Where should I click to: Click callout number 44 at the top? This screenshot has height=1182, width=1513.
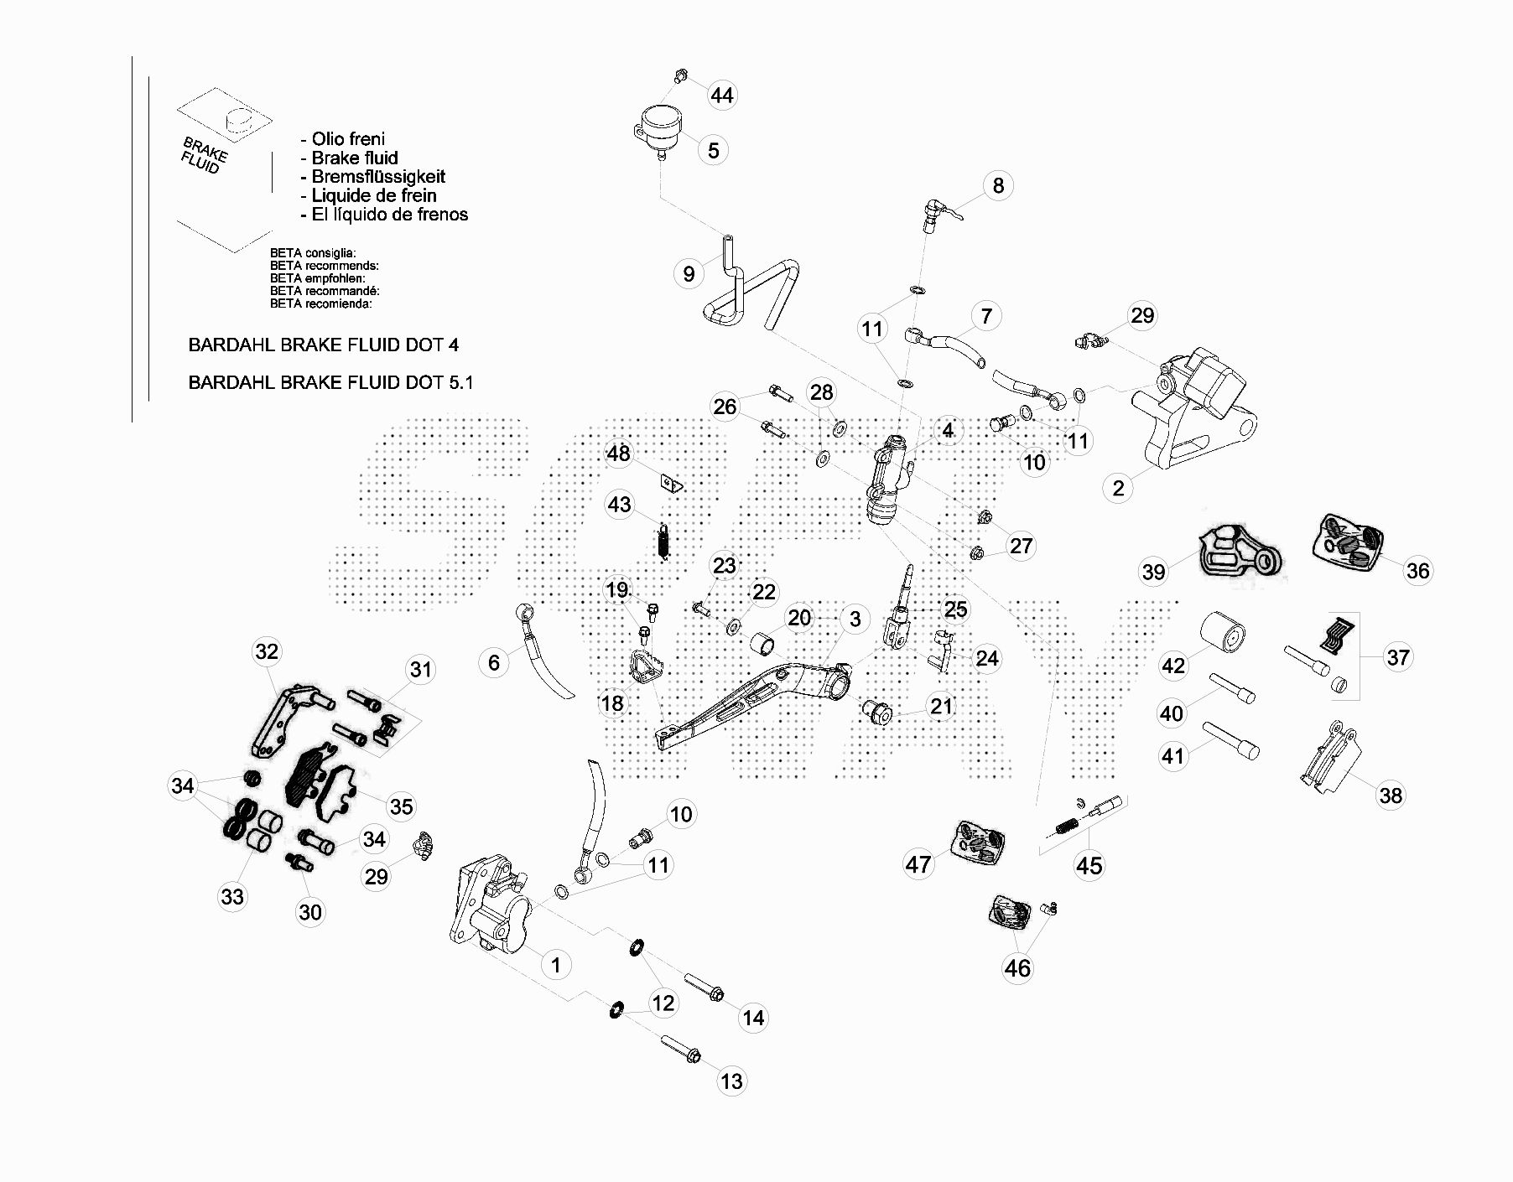tap(721, 96)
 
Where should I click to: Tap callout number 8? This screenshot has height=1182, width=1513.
tap(997, 185)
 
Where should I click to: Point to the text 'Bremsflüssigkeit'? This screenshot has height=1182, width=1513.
tap(378, 177)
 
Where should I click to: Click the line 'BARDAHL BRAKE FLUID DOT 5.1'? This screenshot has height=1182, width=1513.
tap(330, 382)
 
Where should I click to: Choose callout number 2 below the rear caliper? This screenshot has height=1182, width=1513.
tap(1117, 488)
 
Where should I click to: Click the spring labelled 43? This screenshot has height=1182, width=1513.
tap(663, 541)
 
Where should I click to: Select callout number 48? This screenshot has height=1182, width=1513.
tap(618, 454)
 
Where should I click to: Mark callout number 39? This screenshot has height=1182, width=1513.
tap(1153, 572)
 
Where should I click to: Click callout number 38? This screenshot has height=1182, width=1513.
tap(1390, 795)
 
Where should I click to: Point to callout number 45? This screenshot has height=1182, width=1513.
tap(1089, 865)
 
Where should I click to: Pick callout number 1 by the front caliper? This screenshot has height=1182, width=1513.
tap(555, 964)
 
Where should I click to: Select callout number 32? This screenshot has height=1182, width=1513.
tap(267, 651)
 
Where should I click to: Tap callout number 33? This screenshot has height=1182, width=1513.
tap(232, 896)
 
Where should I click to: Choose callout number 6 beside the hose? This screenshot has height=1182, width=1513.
tap(493, 663)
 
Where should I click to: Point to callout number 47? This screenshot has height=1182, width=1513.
tap(918, 863)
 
